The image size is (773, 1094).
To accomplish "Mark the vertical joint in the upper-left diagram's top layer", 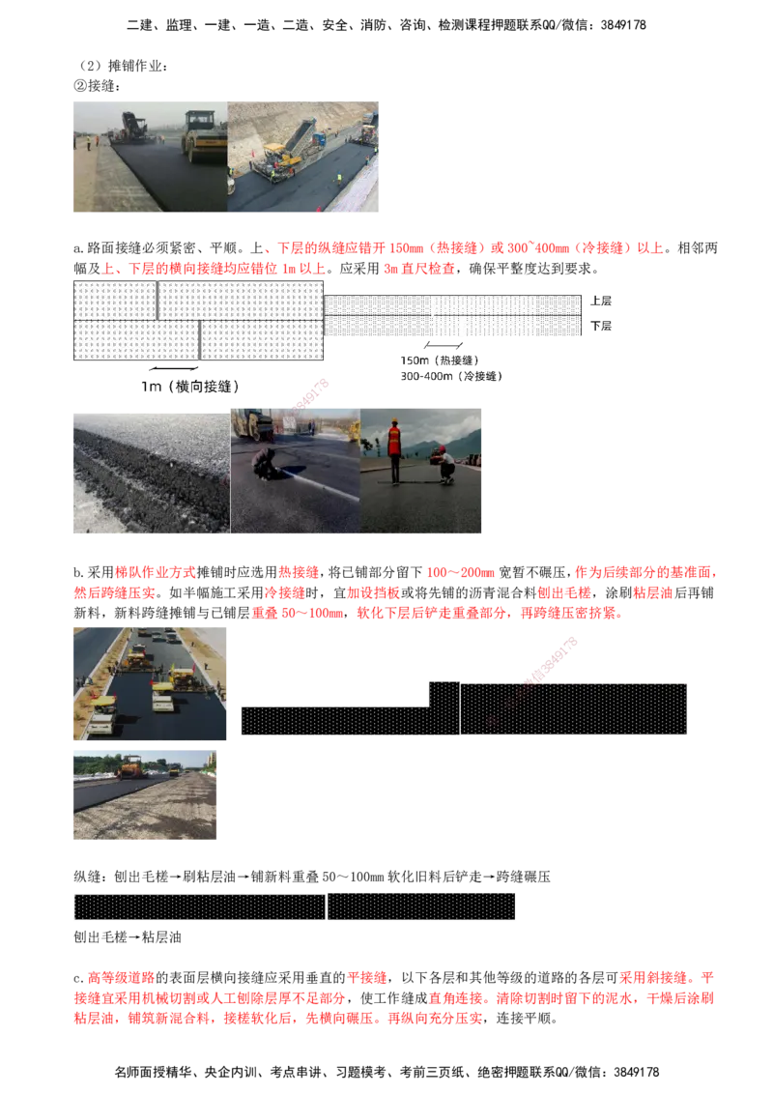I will [x=157, y=300].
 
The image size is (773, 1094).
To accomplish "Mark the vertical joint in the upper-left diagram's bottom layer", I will [x=199, y=340].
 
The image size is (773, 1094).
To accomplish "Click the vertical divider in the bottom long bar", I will [x=327, y=907].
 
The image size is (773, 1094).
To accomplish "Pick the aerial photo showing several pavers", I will [x=151, y=683].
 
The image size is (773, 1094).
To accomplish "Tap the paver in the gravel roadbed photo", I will [x=130, y=767].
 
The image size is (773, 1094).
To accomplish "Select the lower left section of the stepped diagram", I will [x=334, y=721].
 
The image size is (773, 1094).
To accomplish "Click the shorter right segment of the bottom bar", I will [x=421, y=907].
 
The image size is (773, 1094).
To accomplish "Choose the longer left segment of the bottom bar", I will [x=199, y=907].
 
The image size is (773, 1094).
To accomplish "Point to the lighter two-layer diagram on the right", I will [x=452, y=317].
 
